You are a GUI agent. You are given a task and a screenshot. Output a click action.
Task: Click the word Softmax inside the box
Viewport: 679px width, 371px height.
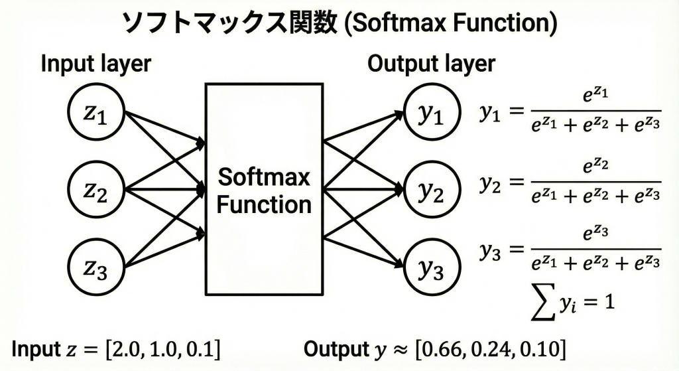click(x=264, y=177)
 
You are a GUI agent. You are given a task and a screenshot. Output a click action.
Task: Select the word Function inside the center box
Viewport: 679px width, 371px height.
click(x=264, y=204)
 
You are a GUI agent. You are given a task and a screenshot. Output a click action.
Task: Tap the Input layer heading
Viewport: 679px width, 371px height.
click(x=96, y=64)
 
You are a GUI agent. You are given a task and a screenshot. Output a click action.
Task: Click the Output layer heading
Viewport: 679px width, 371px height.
click(x=431, y=64)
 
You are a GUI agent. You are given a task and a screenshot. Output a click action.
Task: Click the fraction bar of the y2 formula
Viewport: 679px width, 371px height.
click(x=595, y=181)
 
